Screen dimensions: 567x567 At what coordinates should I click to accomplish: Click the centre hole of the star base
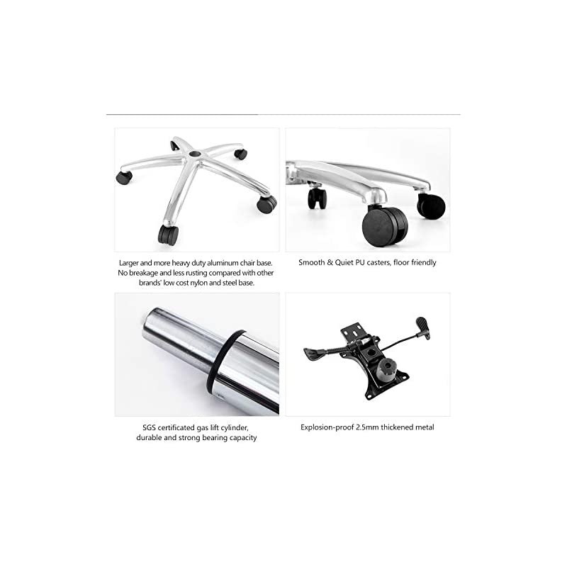[196, 154]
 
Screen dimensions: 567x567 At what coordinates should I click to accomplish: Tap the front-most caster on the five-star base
[168, 235]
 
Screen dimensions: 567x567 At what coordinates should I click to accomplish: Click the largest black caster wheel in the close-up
[385, 227]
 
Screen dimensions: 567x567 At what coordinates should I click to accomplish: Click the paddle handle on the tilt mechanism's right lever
[423, 327]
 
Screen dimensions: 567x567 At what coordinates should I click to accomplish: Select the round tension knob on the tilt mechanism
[386, 370]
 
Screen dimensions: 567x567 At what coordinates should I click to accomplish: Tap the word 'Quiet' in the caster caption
[344, 262]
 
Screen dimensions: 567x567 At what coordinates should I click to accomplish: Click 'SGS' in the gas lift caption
[149, 428]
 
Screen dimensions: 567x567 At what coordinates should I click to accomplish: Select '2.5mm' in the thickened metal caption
[367, 427]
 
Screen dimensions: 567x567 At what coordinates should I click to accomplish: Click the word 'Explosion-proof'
[327, 427]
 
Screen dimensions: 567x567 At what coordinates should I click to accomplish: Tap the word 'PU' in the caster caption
[361, 262]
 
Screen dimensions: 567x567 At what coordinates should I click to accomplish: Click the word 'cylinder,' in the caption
[235, 428]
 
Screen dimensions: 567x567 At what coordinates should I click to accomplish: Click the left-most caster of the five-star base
[124, 177]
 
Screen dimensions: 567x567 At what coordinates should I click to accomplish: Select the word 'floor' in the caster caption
[401, 262]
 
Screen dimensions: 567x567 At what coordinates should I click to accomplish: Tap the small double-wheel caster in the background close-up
[317, 198]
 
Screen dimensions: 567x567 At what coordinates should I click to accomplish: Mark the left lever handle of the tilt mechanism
[314, 353]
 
